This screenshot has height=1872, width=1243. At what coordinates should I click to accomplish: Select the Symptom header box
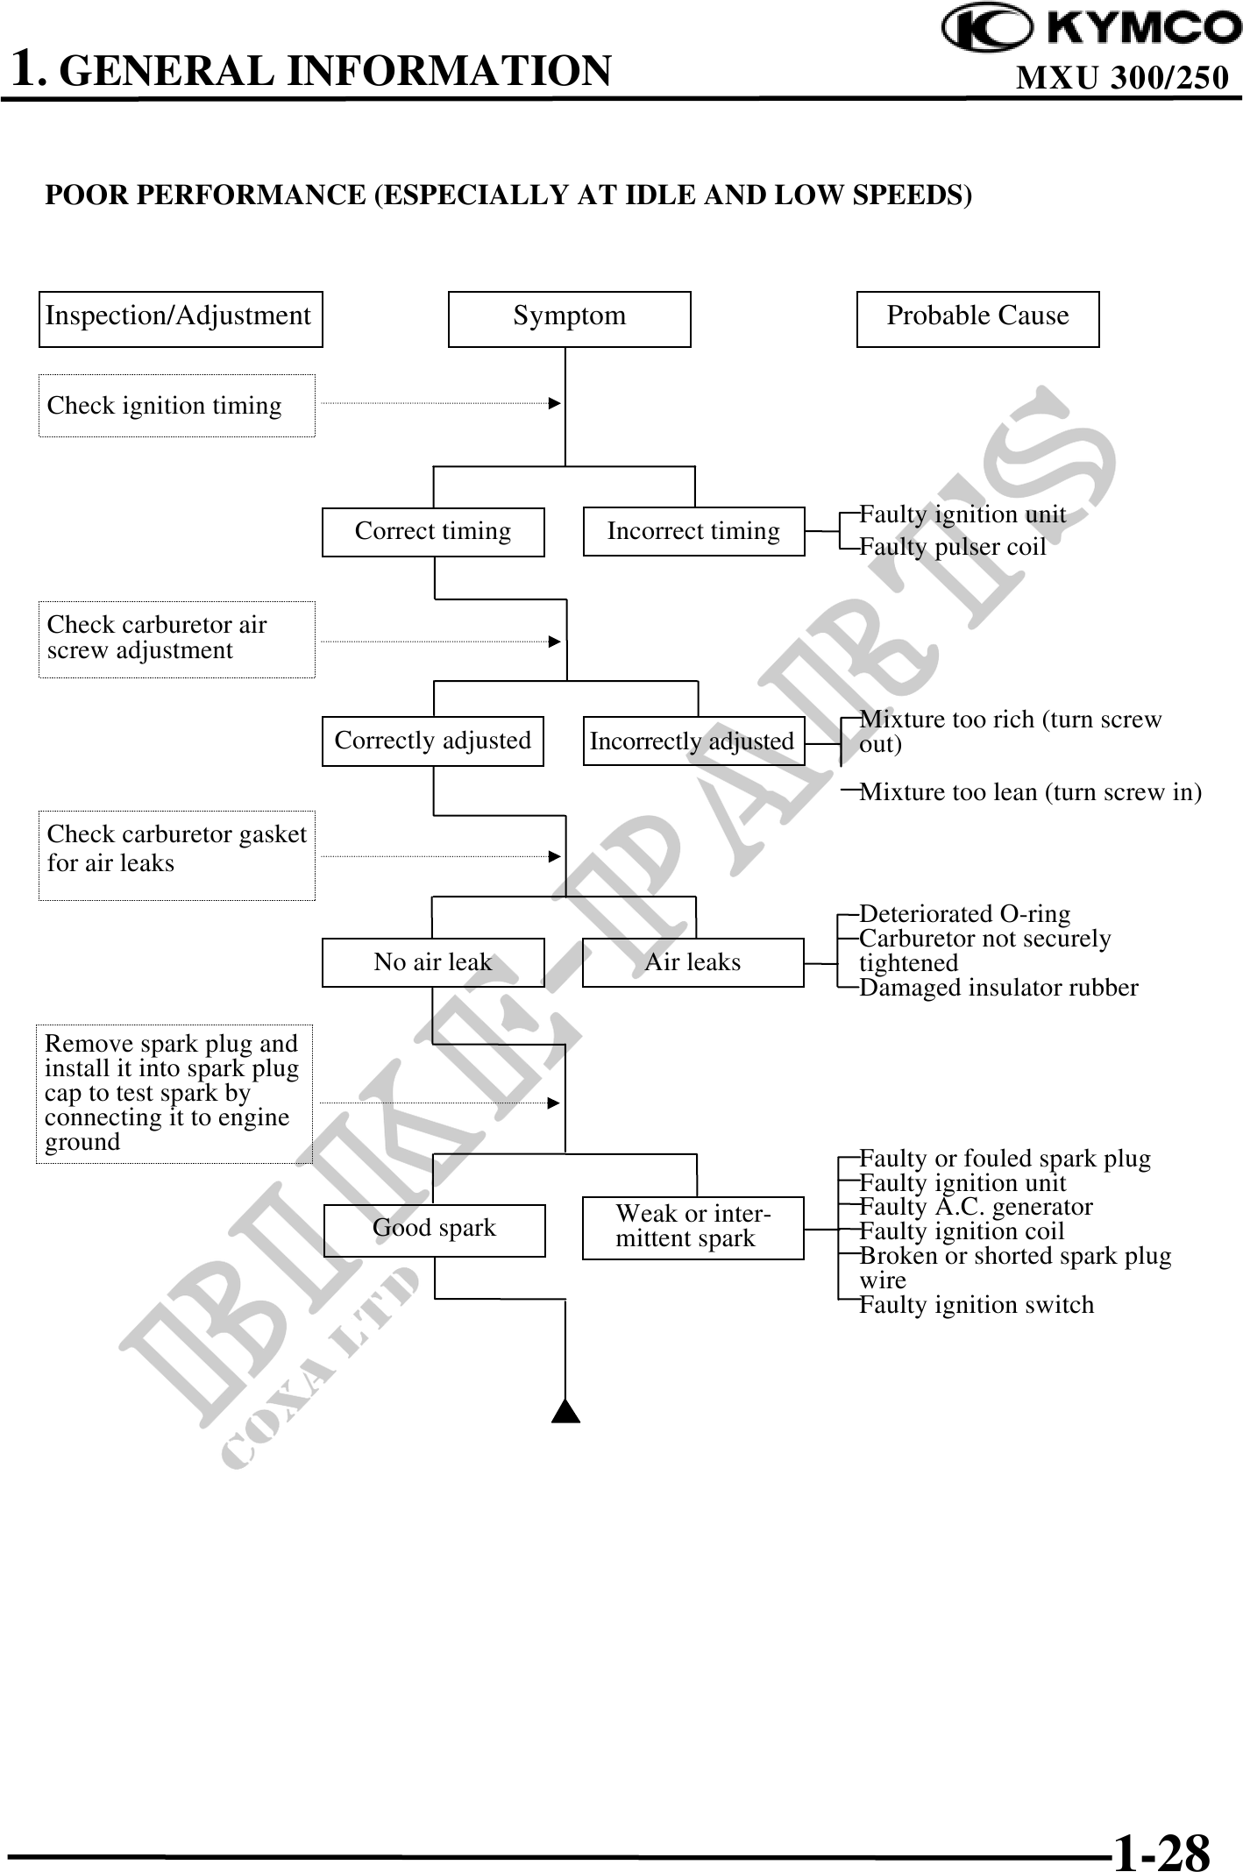[x=569, y=318]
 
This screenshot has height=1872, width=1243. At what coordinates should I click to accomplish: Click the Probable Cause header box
[x=977, y=318]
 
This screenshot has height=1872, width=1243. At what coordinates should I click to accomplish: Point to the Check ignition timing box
[x=176, y=405]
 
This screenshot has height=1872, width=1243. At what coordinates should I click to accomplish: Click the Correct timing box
[x=433, y=531]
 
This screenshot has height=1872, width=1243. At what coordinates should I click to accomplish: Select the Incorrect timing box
[x=693, y=531]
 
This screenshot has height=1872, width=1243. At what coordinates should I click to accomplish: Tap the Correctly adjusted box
[x=433, y=741]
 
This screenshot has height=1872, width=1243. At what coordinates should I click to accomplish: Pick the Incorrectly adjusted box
[x=693, y=741]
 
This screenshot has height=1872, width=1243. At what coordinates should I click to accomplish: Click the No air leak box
[x=433, y=962]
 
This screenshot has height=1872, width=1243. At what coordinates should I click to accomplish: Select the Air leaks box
[x=693, y=962]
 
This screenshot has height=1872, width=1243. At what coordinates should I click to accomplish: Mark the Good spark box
[x=435, y=1228]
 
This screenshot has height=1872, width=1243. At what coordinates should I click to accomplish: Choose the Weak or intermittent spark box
[x=693, y=1227]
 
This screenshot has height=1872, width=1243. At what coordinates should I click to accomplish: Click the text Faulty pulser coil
[x=953, y=547]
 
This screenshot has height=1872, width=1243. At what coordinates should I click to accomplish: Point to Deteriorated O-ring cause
[x=965, y=914]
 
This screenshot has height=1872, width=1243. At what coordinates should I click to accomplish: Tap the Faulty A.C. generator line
[x=976, y=1207]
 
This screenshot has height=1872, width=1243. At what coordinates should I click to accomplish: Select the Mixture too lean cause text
[x=1030, y=792]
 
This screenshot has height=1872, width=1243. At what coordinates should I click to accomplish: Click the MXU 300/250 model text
[x=1122, y=79]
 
